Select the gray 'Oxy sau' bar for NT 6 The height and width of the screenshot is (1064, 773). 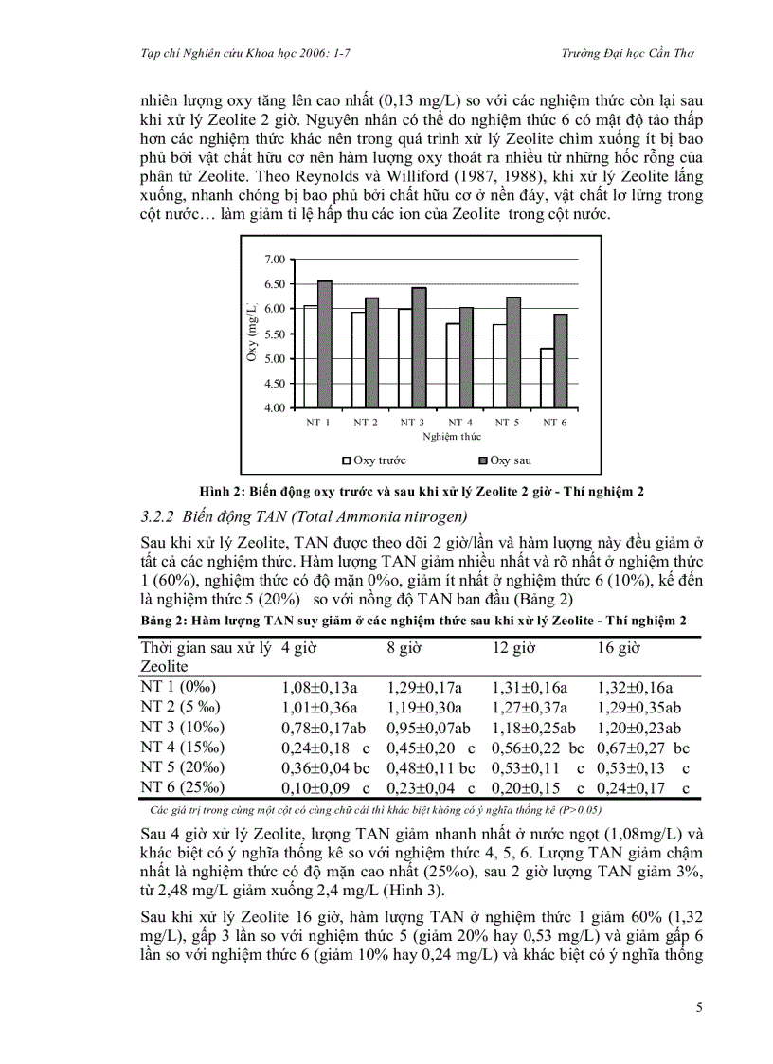click(562, 374)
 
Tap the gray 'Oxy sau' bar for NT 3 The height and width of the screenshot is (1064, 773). click(420, 347)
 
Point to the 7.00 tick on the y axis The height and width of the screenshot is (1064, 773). click(274, 259)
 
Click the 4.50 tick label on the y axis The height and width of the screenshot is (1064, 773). click(274, 383)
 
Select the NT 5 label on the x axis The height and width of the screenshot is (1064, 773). click(507, 422)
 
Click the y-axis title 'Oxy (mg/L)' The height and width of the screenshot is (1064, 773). click(252, 332)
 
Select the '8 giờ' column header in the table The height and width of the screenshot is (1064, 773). click(404, 648)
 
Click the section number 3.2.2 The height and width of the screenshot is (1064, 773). click(154, 516)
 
